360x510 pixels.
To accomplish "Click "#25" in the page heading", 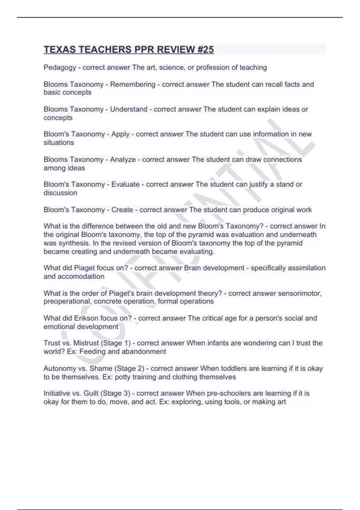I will [205, 49].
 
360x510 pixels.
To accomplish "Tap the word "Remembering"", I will [133, 84].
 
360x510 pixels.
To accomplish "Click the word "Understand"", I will [129, 109].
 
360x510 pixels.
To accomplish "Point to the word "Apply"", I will [121, 134].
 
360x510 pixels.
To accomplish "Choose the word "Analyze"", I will [123, 159].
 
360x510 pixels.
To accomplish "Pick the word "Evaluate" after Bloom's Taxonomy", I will [125, 184].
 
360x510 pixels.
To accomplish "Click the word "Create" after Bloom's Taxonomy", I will [122, 210].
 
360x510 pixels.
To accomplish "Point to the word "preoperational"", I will [67, 301].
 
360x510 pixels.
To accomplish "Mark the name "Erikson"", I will [86, 318].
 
